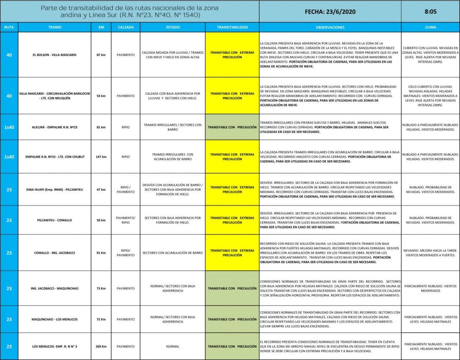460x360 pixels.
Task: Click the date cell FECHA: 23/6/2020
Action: click(x=330, y=12)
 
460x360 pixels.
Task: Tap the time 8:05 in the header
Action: click(x=430, y=12)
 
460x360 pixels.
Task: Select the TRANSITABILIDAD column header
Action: click(x=232, y=28)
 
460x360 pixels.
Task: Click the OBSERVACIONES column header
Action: click(x=330, y=28)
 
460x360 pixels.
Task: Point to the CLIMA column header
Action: click(x=430, y=28)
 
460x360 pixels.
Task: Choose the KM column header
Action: click(x=101, y=28)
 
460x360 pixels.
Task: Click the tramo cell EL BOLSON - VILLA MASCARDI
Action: click(x=54, y=55)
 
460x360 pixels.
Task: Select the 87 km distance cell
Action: click(x=101, y=55)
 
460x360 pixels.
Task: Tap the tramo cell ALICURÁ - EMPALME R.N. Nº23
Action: click(x=54, y=127)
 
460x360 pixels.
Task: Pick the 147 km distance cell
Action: click(x=101, y=157)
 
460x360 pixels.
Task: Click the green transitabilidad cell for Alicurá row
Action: click(x=232, y=127)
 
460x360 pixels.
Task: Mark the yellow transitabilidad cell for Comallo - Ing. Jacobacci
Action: click(x=232, y=253)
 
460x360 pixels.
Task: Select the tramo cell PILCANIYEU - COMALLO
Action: click(x=54, y=220)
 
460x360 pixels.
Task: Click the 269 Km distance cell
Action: click(x=101, y=346)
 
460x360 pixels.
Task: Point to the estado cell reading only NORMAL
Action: click(x=172, y=346)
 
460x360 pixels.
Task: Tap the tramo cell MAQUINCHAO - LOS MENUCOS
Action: click(x=54, y=319)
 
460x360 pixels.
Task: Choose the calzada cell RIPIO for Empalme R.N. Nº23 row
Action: click(x=125, y=157)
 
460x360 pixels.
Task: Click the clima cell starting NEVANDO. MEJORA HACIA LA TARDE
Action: click(x=430, y=253)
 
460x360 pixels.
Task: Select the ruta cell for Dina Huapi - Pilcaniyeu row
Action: click(x=9, y=189)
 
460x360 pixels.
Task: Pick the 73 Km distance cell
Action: click(x=101, y=288)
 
